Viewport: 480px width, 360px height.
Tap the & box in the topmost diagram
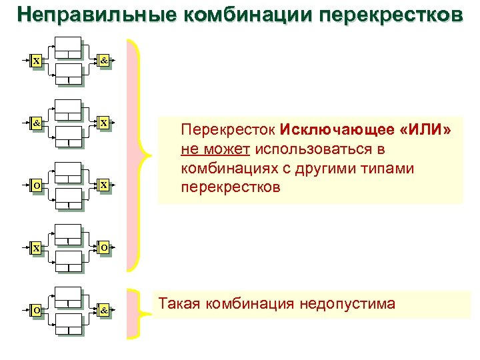tap(104, 61)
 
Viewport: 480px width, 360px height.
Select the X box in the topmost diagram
tap(35, 61)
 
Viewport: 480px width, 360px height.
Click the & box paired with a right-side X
tap(35, 123)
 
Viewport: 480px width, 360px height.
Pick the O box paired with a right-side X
tap(35, 185)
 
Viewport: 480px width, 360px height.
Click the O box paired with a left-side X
tap(104, 247)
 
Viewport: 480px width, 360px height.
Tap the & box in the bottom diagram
tap(104, 310)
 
